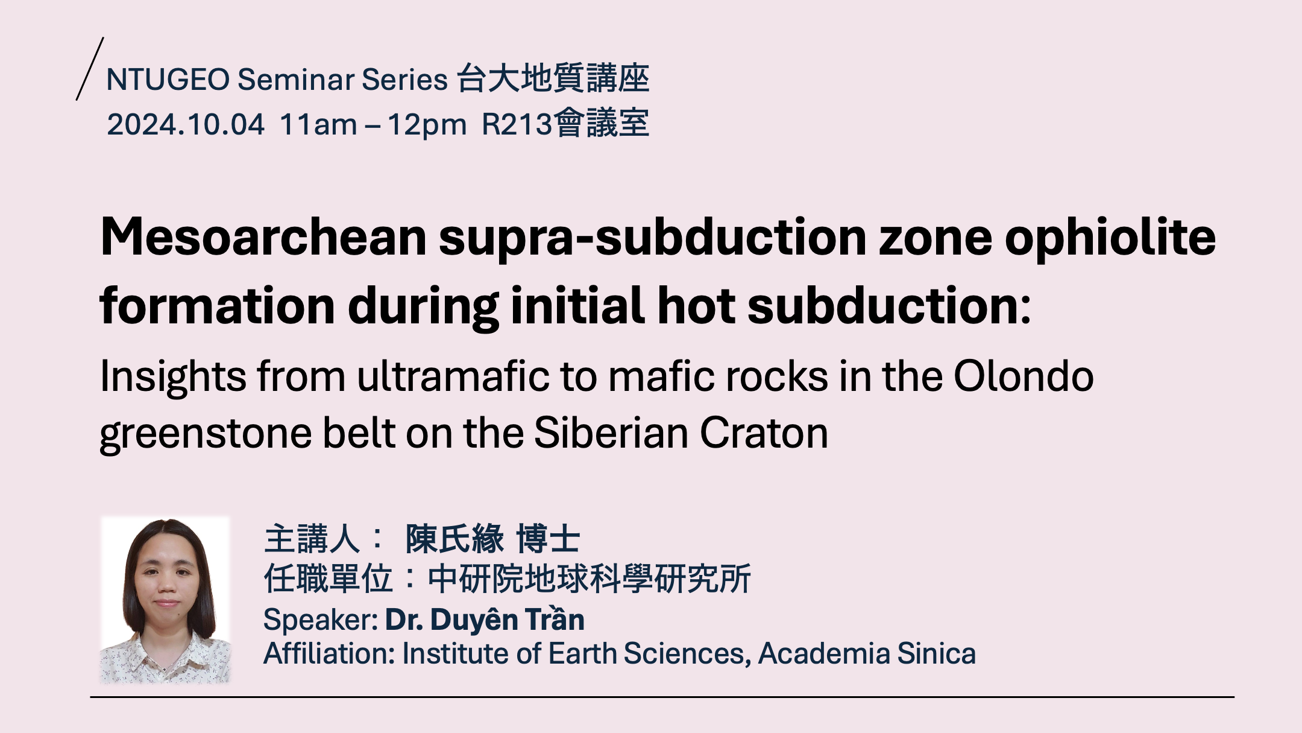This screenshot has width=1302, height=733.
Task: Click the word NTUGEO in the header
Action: pos(168,80)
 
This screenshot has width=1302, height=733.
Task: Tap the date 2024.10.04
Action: pos(186,125)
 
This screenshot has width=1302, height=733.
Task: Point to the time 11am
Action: pos(319,125)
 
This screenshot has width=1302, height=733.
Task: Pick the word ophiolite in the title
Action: pos(1110,238)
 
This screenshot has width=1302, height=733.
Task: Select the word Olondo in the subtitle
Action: pos(1024,376)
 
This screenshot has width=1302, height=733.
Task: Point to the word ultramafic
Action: pos(453,376)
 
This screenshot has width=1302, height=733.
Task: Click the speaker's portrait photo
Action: pos(165,600)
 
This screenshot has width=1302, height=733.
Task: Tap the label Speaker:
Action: pos(321,621)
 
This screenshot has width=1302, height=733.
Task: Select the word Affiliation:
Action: pos(329,654)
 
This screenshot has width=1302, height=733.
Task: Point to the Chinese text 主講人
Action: pos(312,539)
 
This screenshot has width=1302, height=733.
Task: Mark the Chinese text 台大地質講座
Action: pos(553,79)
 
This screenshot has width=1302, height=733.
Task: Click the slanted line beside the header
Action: pos(90,69)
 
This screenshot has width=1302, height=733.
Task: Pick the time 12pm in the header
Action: pos(427,125)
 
